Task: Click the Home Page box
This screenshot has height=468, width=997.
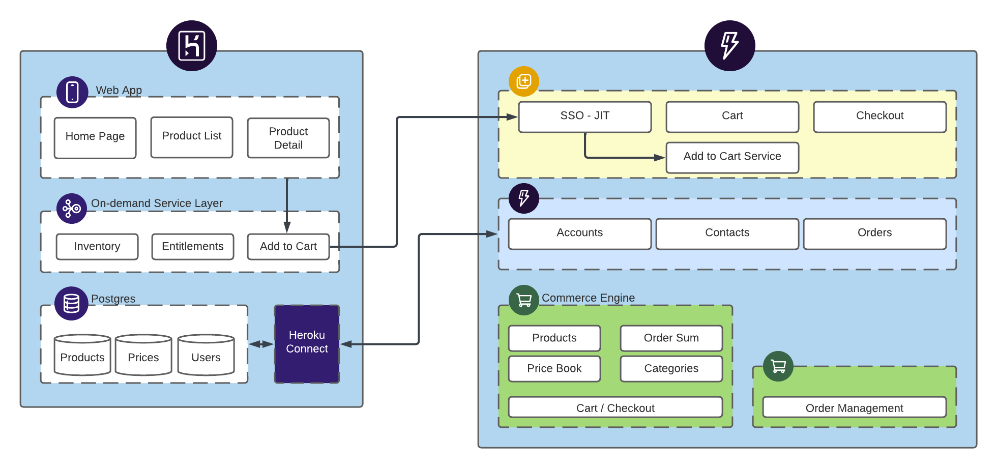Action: (95, 138)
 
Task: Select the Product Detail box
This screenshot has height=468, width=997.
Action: (288, 138)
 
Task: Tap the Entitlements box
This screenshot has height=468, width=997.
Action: (193, 247)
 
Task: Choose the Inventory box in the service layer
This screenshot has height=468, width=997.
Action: (97, 247)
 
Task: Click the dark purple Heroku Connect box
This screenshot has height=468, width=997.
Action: (307, 344)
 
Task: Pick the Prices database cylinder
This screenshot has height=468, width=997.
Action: (143, 355)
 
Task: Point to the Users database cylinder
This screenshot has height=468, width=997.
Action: (206, 355)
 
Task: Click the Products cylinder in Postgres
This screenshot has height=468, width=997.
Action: (82, 355)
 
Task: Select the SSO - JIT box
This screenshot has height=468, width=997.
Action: (585, 117)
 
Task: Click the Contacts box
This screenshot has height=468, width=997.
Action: (727, 234)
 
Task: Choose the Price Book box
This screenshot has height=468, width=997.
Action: (554, 369)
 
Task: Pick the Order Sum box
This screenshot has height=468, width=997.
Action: (671, 338)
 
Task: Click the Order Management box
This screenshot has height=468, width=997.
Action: (855, 407)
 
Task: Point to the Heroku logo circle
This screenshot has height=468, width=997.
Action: (192, 46)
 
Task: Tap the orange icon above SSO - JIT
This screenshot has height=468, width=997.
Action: (524, 81)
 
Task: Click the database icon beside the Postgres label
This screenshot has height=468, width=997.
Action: (72, 303)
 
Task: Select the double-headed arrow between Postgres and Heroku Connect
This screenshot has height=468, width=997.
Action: (261, 344)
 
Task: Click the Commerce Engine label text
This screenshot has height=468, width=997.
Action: (588, 298)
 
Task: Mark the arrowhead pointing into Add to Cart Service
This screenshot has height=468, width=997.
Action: (660, 158)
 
